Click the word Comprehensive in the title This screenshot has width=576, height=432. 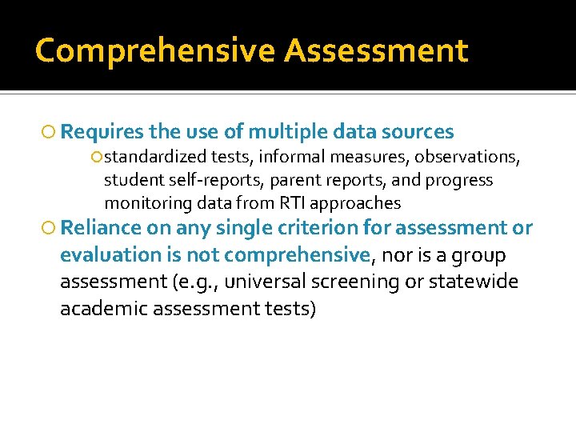(x=156, y=50)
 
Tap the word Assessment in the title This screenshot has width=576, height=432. (x=376, y=50)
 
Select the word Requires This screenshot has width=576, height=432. (x=101, y=132)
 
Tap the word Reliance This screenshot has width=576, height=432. (x=101, y=228)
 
